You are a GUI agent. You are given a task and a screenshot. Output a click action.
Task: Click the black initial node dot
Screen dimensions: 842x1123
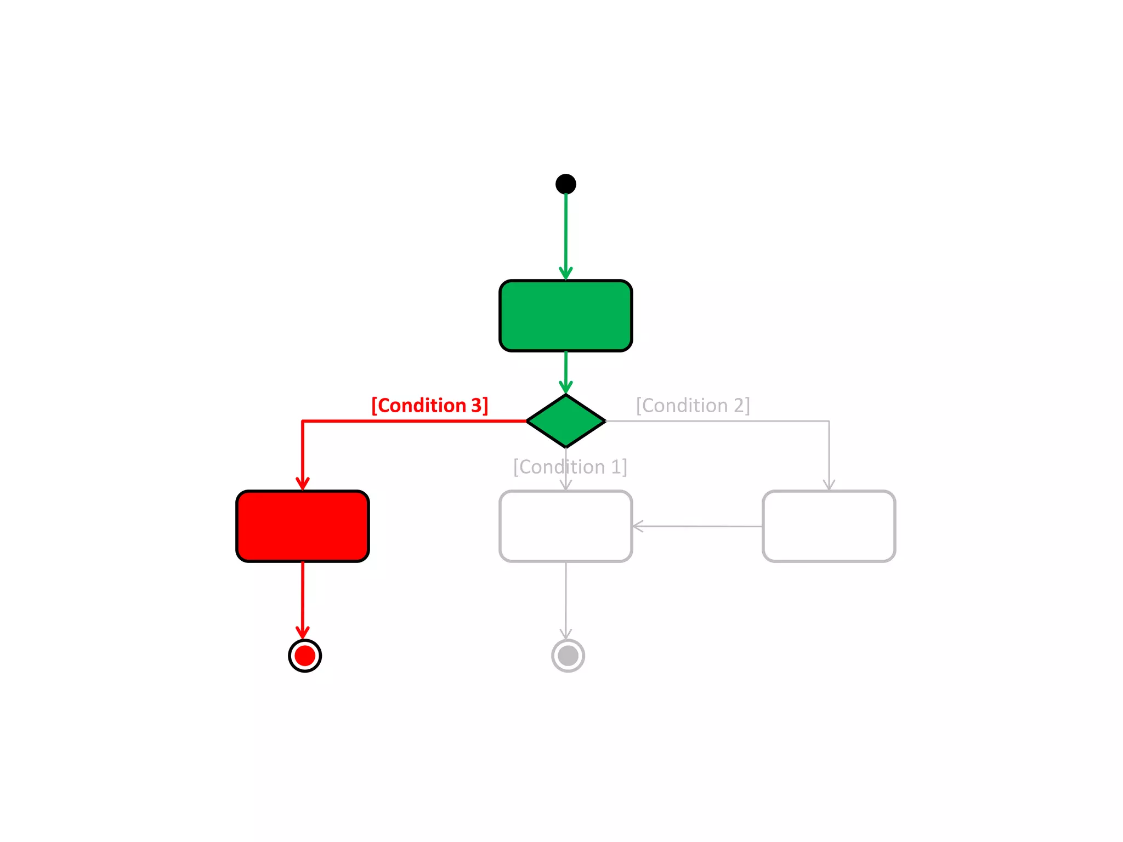(565, 184)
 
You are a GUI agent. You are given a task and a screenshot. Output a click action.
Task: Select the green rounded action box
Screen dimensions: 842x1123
(565, 316)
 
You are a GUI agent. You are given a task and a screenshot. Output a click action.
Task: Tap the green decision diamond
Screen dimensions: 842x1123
(565, 421)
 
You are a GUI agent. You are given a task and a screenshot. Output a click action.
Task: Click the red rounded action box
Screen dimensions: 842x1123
(302, 526)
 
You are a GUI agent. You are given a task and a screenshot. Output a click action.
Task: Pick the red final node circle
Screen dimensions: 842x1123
(305, 656)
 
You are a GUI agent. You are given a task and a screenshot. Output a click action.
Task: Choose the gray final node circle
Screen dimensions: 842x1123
(568, 656)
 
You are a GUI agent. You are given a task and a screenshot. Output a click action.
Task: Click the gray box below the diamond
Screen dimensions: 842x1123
(565, 526)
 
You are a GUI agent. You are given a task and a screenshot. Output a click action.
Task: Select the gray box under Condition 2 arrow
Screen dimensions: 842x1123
(829, 526)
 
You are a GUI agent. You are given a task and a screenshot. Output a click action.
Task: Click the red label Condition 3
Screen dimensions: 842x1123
(429, 406)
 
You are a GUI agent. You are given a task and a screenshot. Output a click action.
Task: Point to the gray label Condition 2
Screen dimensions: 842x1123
(693, 406)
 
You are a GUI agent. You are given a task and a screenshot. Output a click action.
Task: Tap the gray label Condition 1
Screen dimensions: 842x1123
(570, 467)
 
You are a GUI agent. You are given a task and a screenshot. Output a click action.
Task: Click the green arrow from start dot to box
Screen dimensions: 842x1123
(566, 236)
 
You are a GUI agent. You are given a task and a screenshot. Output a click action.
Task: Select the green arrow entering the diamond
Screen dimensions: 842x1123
(566, 373)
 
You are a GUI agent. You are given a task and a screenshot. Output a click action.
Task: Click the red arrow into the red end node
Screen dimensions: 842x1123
(303, 600)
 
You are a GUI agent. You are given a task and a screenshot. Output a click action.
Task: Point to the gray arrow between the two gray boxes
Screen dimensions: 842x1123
(696, 526)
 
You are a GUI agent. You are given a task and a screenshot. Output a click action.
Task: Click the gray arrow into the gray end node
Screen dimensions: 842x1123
(566, 600)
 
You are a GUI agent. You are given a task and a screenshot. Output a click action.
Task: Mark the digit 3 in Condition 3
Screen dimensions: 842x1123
(476, 406)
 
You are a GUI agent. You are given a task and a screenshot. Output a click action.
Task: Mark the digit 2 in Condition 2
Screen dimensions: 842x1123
(739, 406)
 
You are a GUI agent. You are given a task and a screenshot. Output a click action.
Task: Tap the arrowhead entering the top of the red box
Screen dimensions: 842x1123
(303, 483)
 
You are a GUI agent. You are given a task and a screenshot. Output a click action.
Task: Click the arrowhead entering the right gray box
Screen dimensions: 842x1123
(829, 485)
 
